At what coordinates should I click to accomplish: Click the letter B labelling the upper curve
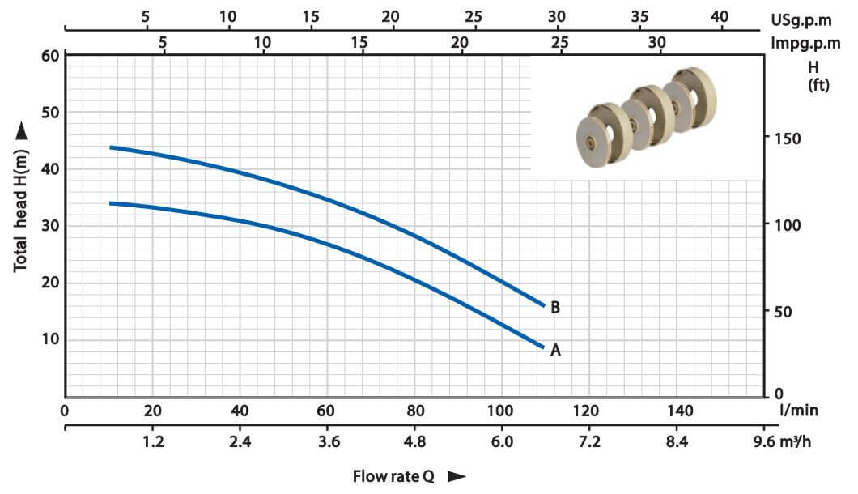click(554, 307)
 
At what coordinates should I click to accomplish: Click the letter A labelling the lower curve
click(555, 350)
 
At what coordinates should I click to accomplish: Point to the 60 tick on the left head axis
click(50, 56)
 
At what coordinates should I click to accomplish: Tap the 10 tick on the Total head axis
click(50, 339)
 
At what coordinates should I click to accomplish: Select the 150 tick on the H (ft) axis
click(788, 138)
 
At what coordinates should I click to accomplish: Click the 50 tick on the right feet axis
click(783, 312)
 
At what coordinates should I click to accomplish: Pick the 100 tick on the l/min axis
click(500, 411)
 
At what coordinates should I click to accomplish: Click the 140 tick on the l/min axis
click(680, 411)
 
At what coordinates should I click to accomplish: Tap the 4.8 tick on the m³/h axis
click(414, 441)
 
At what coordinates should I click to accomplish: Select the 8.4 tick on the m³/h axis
click(677, 441)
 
